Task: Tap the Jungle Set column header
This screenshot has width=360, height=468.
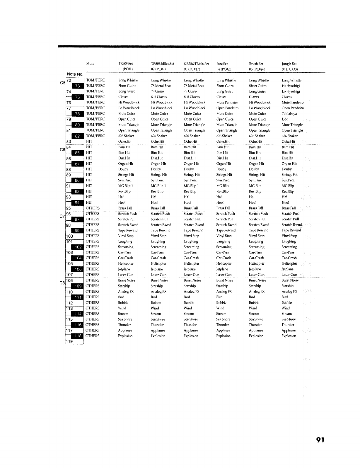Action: pos(289,64)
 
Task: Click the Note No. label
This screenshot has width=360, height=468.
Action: pos(75,74)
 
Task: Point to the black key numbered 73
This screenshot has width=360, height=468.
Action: pos(77,86)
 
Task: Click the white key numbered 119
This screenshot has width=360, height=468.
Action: pos(70,341)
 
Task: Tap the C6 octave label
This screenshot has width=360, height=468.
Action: pos(62,150)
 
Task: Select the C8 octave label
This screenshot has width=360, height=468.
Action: pos(62,283)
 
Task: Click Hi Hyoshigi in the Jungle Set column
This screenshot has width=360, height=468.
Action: pos(291,86)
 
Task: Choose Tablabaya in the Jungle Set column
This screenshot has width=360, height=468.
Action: pos(289,113)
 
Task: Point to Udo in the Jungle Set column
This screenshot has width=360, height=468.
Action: pos(285,119)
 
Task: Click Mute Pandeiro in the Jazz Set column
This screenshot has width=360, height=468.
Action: pos(227,103)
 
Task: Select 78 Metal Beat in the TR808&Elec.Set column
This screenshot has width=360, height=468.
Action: pos(161,86)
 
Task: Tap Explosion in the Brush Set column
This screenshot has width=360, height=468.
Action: pos(256,336)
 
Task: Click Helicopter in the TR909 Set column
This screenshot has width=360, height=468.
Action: pos(126,263)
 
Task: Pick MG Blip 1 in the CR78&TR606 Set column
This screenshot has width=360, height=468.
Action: pos(191,186)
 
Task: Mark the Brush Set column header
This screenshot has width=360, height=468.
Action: pos(256,64)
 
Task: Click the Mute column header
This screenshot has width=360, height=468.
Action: pos(90,64)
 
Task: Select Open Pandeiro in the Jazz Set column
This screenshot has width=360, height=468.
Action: pos(227,108)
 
